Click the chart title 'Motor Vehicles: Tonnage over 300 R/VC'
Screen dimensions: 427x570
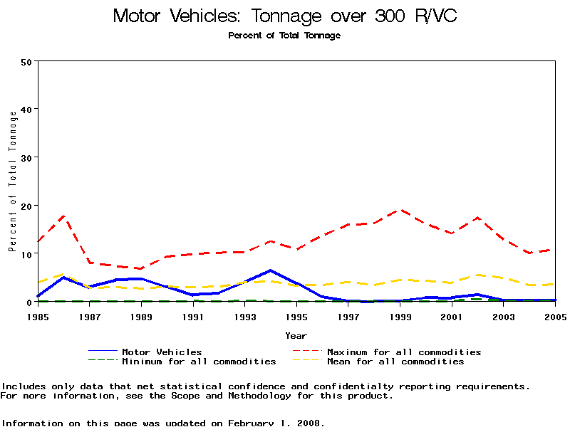pos(284,16)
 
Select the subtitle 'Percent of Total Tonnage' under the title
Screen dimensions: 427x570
pos(284,36)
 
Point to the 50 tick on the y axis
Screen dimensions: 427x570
pos(27,61)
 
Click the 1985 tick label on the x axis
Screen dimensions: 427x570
pos(38,316)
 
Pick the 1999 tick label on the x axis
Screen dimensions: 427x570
pos(400,316)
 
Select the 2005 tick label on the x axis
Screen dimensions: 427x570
pos(556,316)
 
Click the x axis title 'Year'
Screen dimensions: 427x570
pos(296,335)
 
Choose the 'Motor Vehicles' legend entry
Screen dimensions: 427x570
pos(162,352)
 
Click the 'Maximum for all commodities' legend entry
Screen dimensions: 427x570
pos(404,352)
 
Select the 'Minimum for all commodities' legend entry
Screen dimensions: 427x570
pos(199,362)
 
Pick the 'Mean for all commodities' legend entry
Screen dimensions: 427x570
pos(395,362)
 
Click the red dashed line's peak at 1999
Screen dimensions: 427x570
pos(400,210)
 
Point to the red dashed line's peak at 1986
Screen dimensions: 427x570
pos(64,216)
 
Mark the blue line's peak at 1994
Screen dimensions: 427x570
pos(271,270)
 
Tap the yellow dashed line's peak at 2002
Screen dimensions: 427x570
pos(478,275)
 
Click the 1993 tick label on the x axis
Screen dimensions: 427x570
pos(245,316)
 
